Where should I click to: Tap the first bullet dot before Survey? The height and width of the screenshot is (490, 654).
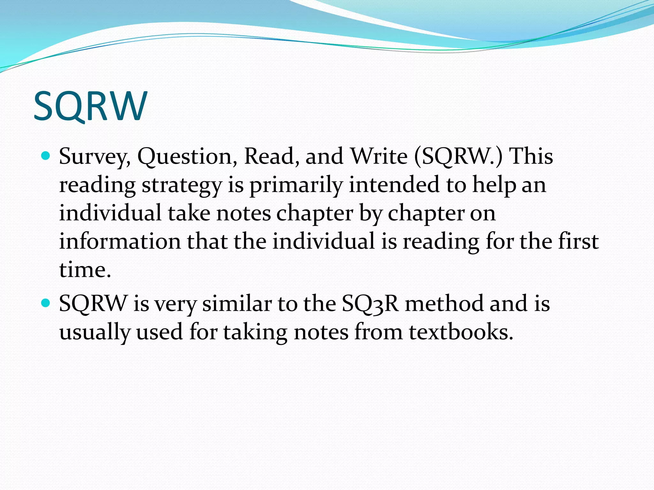coord(46,156)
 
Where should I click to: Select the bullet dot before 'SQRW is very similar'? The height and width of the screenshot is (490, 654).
coord(46,303)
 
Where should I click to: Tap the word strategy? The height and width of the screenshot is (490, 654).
coord(181,186)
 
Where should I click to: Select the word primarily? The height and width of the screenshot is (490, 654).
coord(296,186)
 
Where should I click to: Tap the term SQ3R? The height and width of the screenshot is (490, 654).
coord(370,303)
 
